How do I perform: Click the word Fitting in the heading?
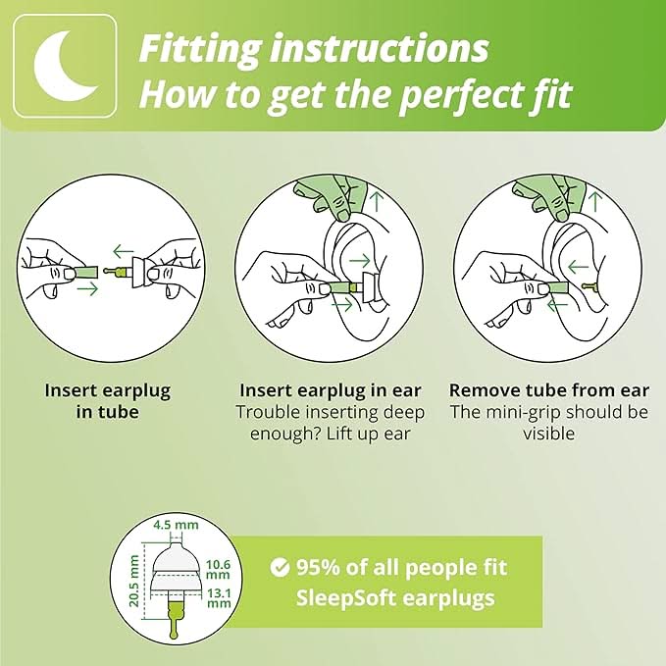pos(199,50)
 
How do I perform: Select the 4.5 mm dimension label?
pos(176,525)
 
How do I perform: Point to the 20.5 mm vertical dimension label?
pos(134,581)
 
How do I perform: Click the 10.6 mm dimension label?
pos(219,570)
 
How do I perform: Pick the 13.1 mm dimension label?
pos(219,597)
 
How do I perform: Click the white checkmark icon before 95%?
pos(280,568)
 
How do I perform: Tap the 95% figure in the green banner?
pos(318,568)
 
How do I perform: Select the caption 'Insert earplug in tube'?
pos(108,401)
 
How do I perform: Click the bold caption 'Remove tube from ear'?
pos(549,390)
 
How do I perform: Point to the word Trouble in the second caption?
pos(269,412)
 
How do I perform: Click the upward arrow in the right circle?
pos(596,201)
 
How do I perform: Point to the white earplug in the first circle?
pos(140,273)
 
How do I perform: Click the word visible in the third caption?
pos(548,434)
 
